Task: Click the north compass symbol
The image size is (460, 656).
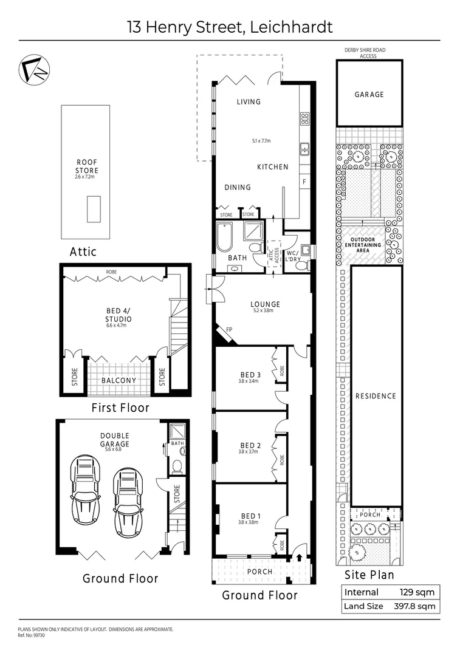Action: tap(33, 69)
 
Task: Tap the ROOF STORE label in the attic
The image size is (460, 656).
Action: tap(86, 166)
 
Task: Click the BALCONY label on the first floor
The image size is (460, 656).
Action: tap(118, 380)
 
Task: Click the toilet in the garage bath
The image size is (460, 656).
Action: tap(177, 466)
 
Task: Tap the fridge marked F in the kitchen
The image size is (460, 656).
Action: tap(304, 182)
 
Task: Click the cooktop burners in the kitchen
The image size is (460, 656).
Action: tap(304, 119)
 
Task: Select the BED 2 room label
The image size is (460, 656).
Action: tap(248, 445)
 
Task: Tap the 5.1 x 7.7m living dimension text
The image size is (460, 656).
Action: tap(261, 141)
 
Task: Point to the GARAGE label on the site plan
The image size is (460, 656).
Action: tap(369, 95)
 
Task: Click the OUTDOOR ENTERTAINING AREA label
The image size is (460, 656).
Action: tap(366, 244)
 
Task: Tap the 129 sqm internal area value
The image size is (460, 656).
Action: tap(417, 592)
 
